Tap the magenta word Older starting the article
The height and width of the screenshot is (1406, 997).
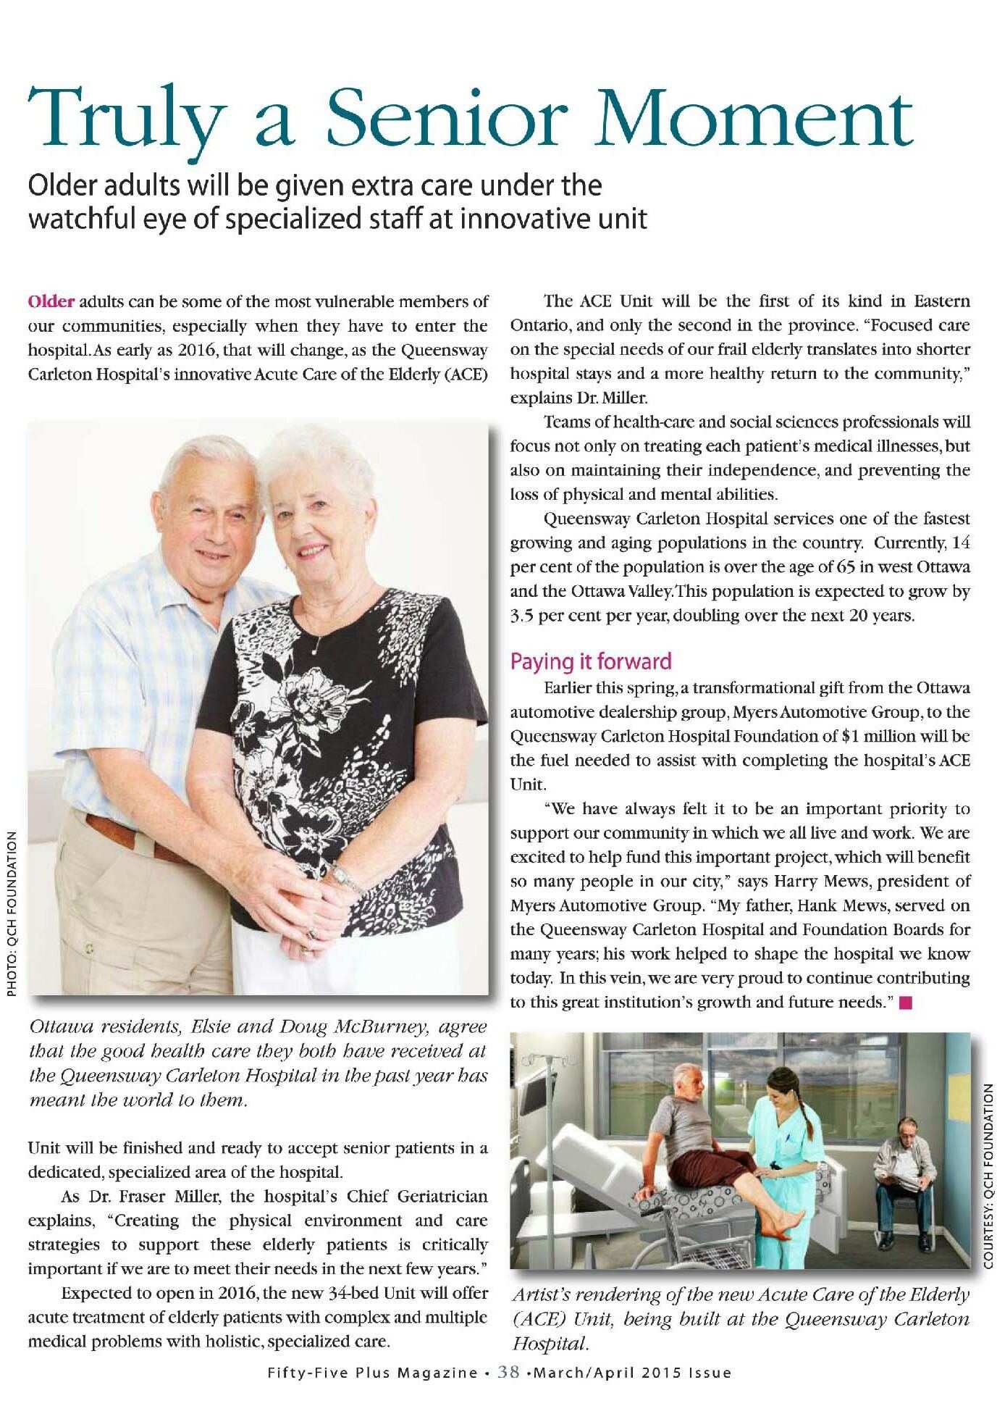(x=51, y=301)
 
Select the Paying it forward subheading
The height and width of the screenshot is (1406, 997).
(x=591, y=661)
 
